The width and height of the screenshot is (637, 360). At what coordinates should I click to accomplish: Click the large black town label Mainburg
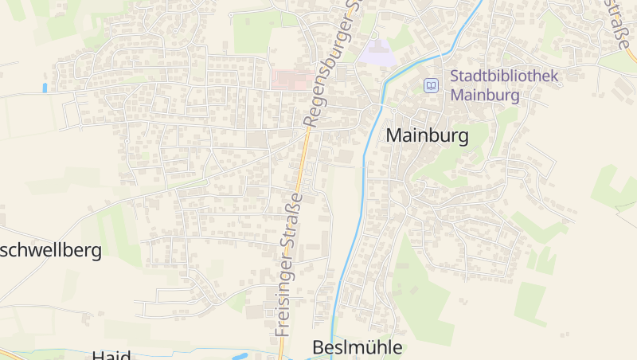click(x=427, y=135)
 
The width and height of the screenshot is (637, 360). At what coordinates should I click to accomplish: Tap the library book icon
click(x=431, y=85)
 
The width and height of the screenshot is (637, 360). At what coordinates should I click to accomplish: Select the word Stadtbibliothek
click(x=505, y=77)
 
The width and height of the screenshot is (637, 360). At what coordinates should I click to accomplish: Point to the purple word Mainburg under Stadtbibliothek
click(x=485, y=95)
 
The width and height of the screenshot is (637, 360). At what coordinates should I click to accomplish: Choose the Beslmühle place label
click(x=358, y=348)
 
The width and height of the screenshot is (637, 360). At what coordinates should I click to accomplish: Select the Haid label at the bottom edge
click(x=111, y=355)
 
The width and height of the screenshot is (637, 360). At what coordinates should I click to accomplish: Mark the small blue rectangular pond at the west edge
click(x=45, y=88)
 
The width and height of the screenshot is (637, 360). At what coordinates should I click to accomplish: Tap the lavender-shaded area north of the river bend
click(x=377, y=53)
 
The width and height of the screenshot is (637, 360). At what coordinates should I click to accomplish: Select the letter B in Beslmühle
click(x=318, y=348)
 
